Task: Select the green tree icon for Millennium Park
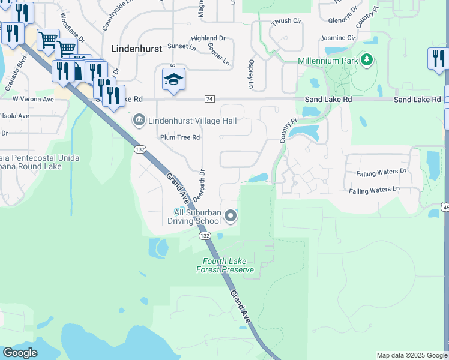pyautogui.click(x=366, y=60)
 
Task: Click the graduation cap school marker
pyautogui.click(x=173, y=80)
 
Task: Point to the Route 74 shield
pyautogui.click(x=209, y=99)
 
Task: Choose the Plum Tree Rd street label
pyautogui.click(x=179, y=137)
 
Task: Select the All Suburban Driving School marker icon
pyautogui.click(x=231, y=217)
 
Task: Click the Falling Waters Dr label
pyautogui.click(x=381, y=172)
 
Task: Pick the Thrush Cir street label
pyautogui.click(x=286, y=21)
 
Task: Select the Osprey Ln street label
pyautogui.click(x=250, y=71)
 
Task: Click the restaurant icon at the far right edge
pyautogui.click(x=438, y=59)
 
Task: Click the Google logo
pyautogui.click(x=20, y=353)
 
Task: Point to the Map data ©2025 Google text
pyautogui.click(x=412, y=355)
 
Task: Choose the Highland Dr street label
pyautogui.click(x=208, y=38)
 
